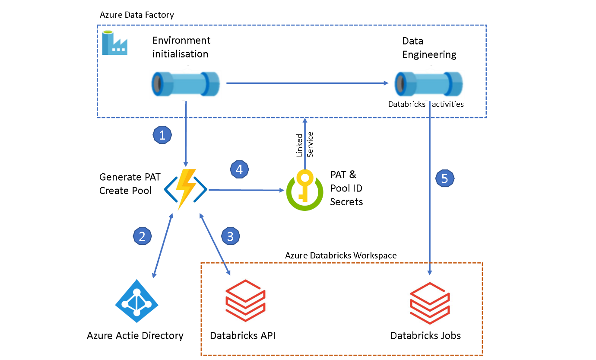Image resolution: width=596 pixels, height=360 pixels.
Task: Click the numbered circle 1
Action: tap(162, 135)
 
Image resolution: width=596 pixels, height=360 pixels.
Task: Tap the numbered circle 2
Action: tap(142, 236)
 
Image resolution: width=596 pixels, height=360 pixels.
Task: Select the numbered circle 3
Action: tap(230, 236)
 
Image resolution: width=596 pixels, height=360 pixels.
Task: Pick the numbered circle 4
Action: tap(240, 169)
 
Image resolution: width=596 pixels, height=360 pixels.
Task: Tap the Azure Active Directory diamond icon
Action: tap(136, 301)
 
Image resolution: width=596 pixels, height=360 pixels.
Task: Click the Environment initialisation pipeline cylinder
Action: tap(186, 83)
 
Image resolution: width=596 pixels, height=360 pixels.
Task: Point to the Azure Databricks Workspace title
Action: tap(341, 255)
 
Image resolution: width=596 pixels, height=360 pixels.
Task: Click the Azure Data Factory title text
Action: tap(136, 15)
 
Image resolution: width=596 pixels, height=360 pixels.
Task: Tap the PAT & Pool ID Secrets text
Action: tap(346, 188)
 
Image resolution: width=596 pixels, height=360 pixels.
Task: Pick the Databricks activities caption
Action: tap(426, 104)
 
